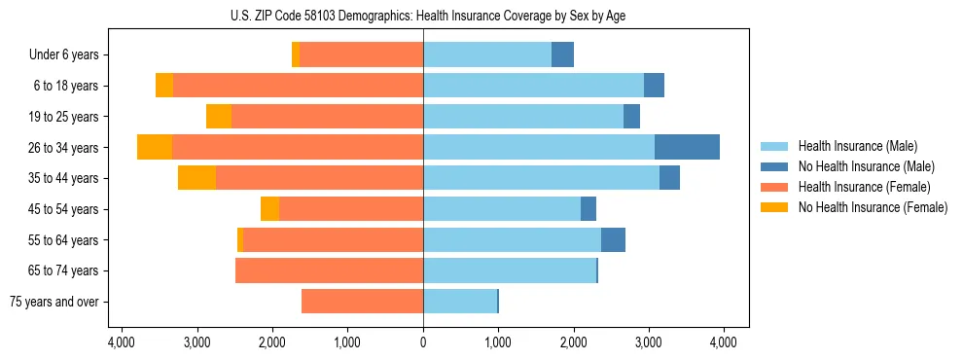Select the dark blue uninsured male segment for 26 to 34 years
[x=687, y=147]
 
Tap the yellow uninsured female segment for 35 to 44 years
[x=196, y=178]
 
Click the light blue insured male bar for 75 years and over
[x=459, y=302]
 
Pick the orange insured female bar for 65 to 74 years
[x=329, y=270]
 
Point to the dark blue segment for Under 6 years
[x=562, y=54]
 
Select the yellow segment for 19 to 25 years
[x=219, y=117]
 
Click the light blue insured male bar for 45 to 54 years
[x=502, y=209]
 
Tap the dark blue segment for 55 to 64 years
[x=613, y=240]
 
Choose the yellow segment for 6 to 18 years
[x=164, y=86]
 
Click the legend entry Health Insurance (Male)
[x=852, y=146]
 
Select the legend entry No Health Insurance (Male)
[x=859, y=166]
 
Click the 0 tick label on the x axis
[x=423, y=342]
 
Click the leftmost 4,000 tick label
[x=122, y=342]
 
